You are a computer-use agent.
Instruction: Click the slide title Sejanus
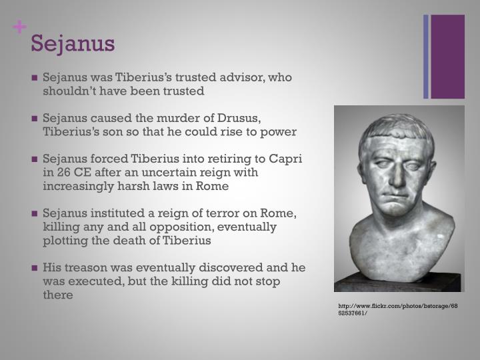[73, 43]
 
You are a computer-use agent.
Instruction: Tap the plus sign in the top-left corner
[20, 28]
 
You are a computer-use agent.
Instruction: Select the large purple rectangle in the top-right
[447, 57]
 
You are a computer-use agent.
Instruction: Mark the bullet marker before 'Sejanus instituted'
[34, 214]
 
